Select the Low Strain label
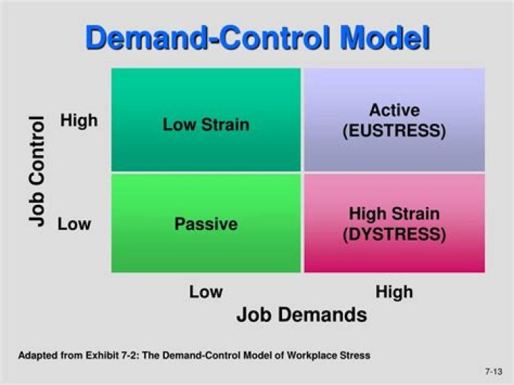pos(206,124)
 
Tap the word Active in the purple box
pos(394,111)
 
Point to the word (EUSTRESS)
pos(394,131)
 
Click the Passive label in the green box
pos(206,224)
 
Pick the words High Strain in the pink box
pos(394,214)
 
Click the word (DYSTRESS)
pos(394,234)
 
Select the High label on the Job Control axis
pos(79,121)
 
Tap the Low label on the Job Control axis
pos(74,224)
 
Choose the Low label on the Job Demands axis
pos(206,291)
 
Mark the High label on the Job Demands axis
pos(394,291)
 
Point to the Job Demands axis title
pos(301,314)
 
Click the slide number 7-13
pos(495,372)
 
